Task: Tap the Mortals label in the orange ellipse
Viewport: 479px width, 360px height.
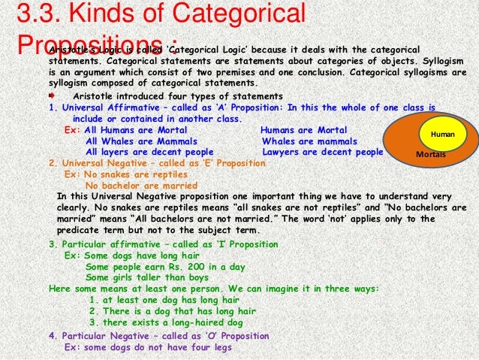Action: click(x=430, y=154)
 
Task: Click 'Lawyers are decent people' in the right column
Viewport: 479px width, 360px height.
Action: click(x=322, y=151)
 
